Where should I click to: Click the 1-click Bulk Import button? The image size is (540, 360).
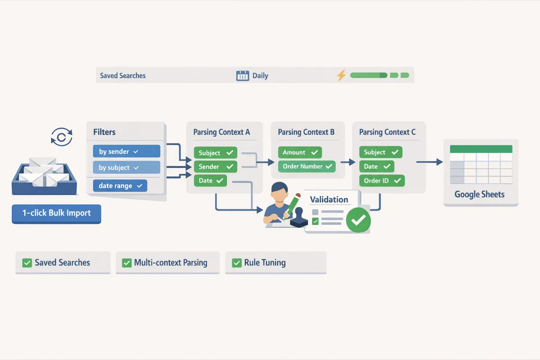coord(56,213)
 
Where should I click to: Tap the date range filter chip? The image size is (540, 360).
coord(120,185)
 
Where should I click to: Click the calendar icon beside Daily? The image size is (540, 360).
coord(243,76)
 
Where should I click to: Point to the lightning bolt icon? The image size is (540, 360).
coord(342,75)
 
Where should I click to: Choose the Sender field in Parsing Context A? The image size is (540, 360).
coord(215,167)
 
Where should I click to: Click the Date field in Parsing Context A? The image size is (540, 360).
coord(210,181)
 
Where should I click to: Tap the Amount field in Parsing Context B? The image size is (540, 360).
coord(299,153)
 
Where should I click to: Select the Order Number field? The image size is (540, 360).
coord(306,166)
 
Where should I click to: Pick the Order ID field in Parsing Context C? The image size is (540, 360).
coord(382,181)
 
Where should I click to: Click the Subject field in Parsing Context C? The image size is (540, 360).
coord(380,152)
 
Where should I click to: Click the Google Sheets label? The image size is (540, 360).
coord(479,194)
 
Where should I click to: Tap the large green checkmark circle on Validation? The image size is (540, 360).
coord(359,220)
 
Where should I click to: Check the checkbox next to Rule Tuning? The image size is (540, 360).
coord(237,263)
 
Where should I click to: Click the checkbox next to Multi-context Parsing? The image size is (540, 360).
coord(127,263)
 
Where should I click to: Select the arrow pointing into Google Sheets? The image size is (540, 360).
coord(430,162)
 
